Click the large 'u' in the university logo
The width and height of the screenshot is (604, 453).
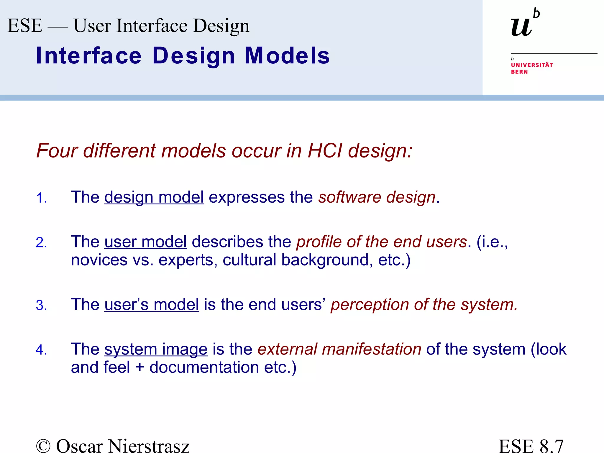click(x=521, y=27)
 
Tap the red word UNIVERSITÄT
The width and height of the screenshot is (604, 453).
click(x=532, y=65)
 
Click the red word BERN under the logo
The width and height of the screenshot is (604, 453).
click(x=519, y=72)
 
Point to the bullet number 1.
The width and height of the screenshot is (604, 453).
click(x=41, y=198)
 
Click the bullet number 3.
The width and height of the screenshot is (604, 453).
click(x=41, y=305)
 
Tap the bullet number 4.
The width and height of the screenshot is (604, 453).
click(x=41, y=350)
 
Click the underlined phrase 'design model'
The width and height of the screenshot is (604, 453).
click(x=154, y=197)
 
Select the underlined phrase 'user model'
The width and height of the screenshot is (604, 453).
click(x=145, y=242)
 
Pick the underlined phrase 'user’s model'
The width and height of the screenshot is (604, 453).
click(x=152, y=304)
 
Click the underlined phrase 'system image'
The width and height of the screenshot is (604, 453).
click(x=156, y=349)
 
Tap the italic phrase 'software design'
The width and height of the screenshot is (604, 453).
click(x=377, y=197)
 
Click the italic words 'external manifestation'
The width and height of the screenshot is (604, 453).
click(x=339, y=349)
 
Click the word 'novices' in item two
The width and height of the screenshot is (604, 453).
click(x=99, y=260)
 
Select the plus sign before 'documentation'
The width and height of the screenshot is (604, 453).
click(x=140, y=367)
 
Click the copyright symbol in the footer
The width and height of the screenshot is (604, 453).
click(x=43, y=446)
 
